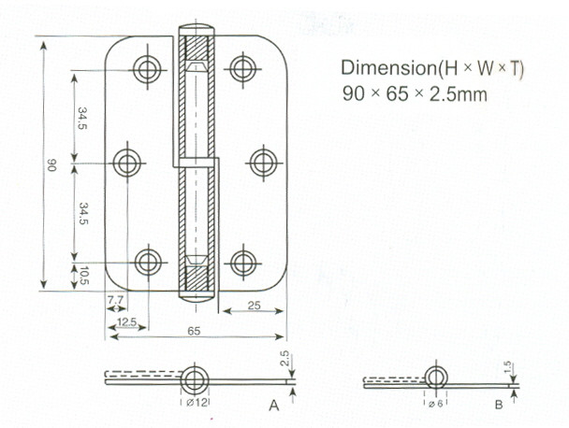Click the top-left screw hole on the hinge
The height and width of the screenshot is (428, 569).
(x=147, y=69)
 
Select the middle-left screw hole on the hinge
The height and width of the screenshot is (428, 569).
(x=127, y=164)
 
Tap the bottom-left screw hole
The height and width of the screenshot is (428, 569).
(x=148, y=262)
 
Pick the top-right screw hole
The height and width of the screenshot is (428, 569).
(x=242, y=68)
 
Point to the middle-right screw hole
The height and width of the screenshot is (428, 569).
(x=264, y=163)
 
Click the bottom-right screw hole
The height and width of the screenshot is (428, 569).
(x=243, y=263)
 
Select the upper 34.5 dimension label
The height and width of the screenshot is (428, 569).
(x=82, y=118)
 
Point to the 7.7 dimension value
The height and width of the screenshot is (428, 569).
(x=115, y=300)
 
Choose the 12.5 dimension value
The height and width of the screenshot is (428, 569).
(x=126, y=321)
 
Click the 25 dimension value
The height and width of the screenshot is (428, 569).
(x=254, y=306)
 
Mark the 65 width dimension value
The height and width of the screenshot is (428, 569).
(x=194, y=331)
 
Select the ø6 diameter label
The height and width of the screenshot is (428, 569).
(x=435, y=404)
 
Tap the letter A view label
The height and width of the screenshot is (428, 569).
(x=274, y=406)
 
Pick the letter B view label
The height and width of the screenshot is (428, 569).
(x=499, y=405)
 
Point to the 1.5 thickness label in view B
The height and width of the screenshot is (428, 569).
(x=507, y=367)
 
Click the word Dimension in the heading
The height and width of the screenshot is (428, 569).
(x=388, y=68)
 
